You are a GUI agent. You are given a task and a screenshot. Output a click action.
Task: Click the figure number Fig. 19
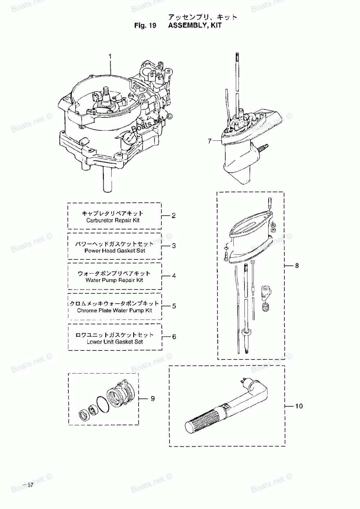(145, 26)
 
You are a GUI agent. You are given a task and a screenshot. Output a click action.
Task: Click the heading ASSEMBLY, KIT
(195, 26)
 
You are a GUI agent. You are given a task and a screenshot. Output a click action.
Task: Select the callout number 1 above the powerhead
(110, 57)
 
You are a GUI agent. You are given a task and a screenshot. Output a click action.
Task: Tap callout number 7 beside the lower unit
(210, 141)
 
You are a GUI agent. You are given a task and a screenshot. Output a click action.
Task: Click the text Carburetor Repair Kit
(113, 220)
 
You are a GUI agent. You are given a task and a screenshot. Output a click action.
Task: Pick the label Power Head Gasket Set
(114, 251)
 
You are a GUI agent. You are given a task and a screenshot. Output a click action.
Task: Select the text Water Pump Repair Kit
(114, 280)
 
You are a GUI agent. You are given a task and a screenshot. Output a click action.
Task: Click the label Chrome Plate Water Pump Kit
(114, 311)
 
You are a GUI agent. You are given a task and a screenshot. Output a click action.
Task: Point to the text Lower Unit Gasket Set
(114, 341)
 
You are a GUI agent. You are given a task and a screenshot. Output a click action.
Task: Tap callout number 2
(174, 216)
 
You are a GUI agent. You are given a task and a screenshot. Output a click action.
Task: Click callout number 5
(174, 306)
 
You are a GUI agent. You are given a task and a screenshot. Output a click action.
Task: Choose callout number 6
(174, 337)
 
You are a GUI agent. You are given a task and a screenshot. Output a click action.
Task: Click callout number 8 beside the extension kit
(297, 266)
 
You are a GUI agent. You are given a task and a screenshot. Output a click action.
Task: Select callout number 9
(153, 398)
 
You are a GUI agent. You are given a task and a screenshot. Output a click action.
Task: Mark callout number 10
(299, 406)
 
